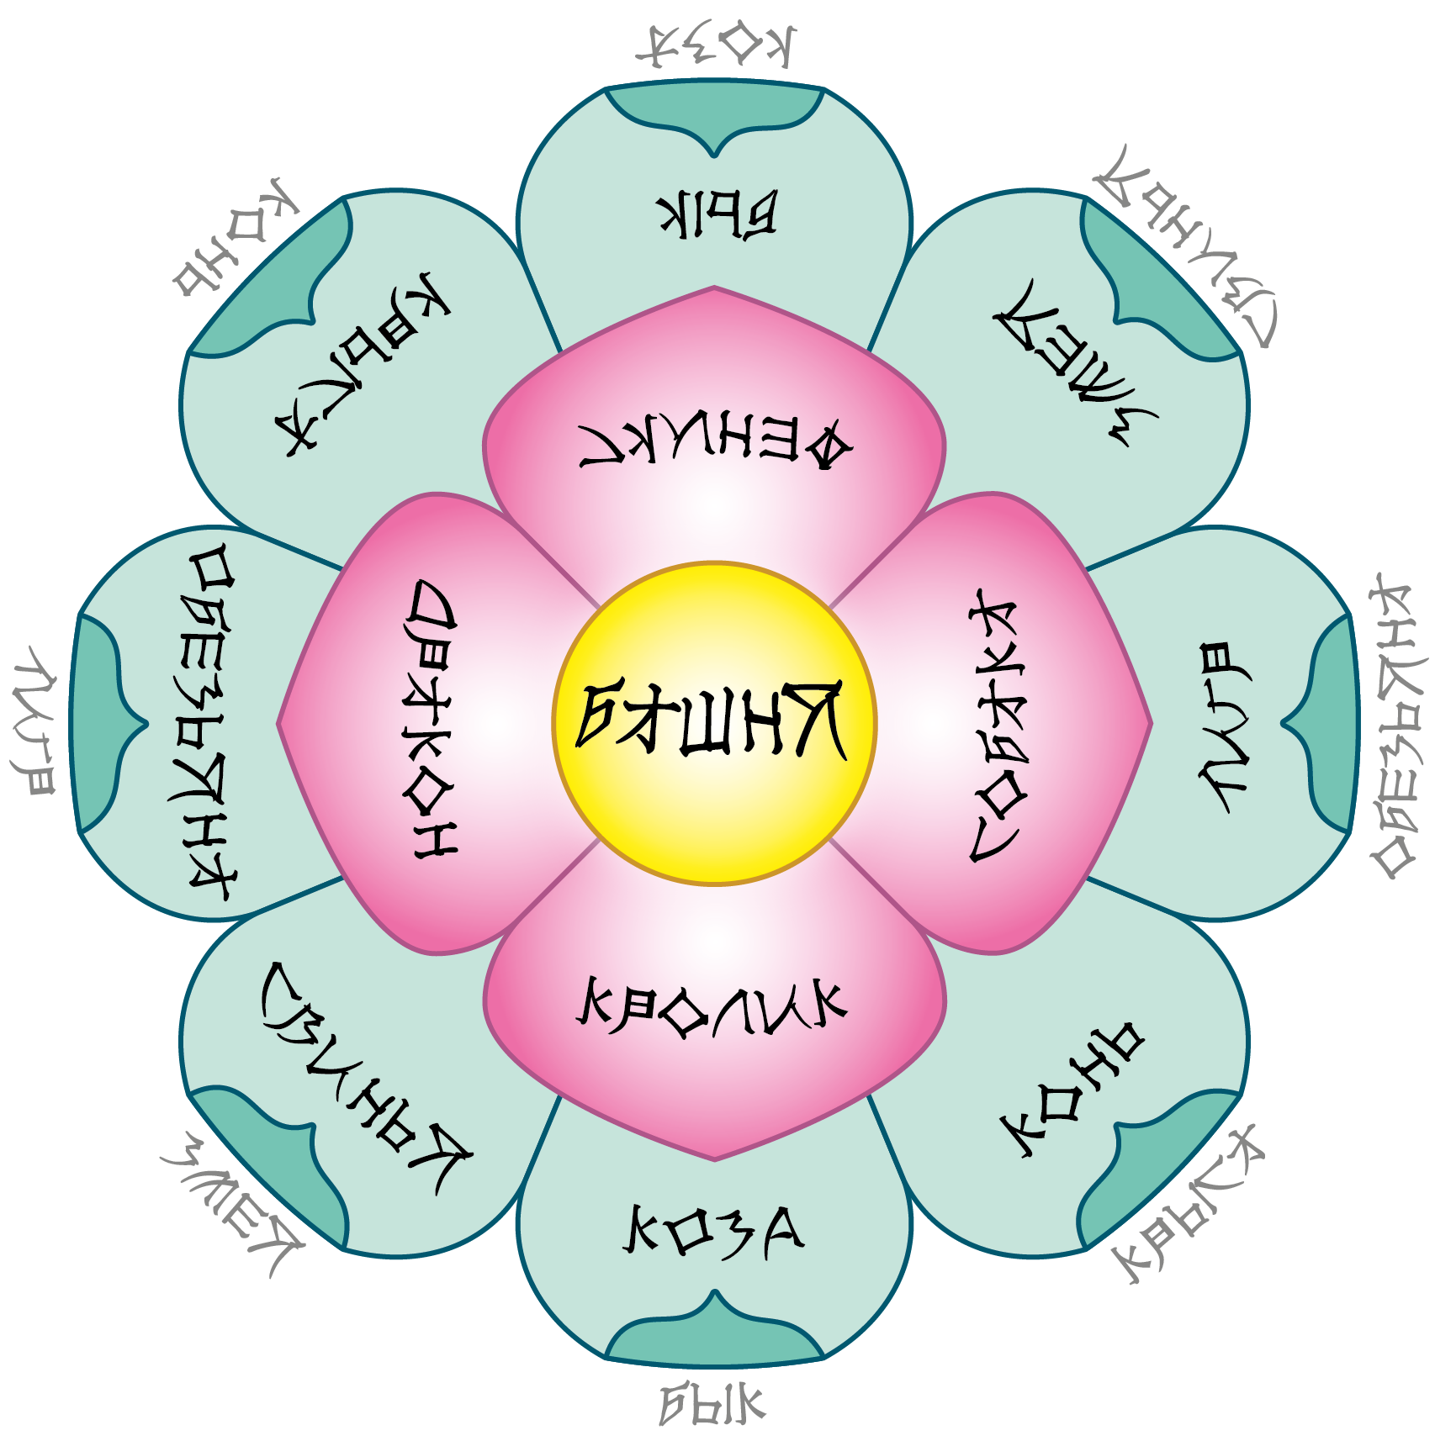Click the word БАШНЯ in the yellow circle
712,720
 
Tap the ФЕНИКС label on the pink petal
716,442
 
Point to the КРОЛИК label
712,1006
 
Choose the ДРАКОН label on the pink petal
433,719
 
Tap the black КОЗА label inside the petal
713,1232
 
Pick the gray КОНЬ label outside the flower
236,240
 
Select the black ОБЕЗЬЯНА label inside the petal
210,723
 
